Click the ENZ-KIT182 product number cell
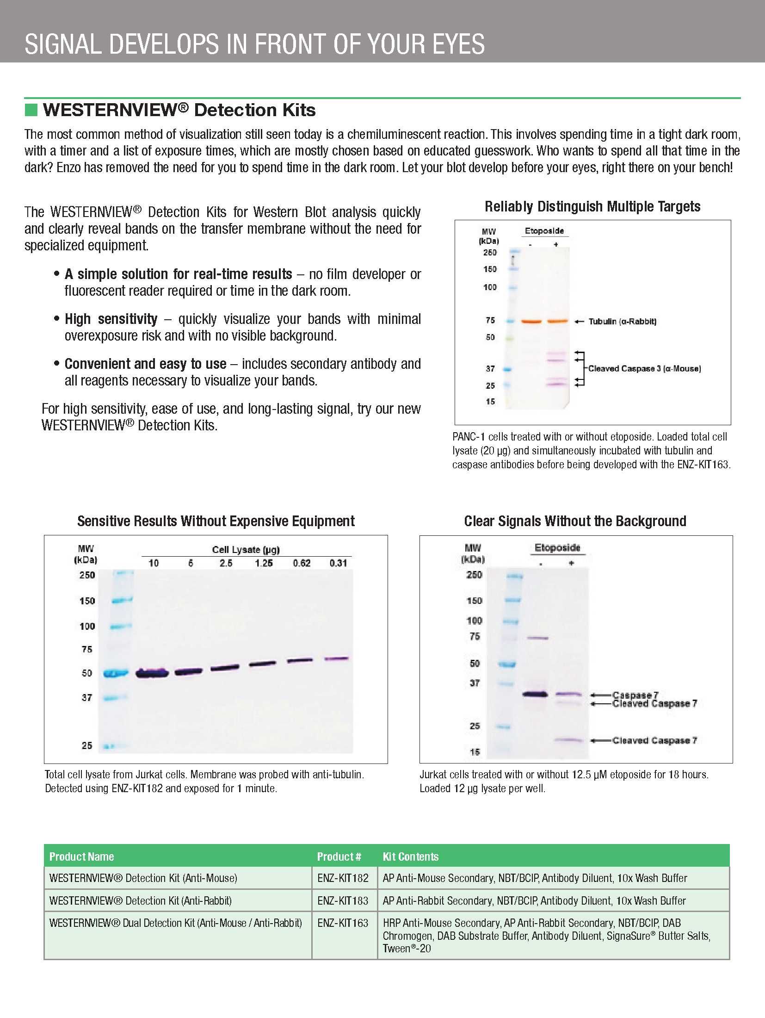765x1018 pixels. (343, 878)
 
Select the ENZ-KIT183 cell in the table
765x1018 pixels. (343, 900)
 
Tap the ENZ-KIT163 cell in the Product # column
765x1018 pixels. (343, 923)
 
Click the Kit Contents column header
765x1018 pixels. (410, 857)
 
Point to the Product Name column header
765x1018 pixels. (81, 857)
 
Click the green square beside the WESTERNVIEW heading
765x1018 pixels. (31, 110)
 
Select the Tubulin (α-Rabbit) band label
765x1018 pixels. (622, 322)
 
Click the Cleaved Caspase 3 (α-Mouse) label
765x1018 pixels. (644, 369)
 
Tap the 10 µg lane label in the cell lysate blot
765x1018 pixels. (153, 563)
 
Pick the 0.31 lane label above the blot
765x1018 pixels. (338, 563)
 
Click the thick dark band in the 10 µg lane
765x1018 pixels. (152, 673)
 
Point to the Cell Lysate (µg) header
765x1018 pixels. (246, 550)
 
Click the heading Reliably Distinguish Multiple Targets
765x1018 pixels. (592, 206)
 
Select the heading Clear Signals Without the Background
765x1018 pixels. (575, 521)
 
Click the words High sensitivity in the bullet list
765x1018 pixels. (111, 319)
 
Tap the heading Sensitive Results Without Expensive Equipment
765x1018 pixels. (216, 521)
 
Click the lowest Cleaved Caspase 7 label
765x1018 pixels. (654, 740)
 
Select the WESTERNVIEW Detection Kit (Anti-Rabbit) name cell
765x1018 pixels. (141, 900)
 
